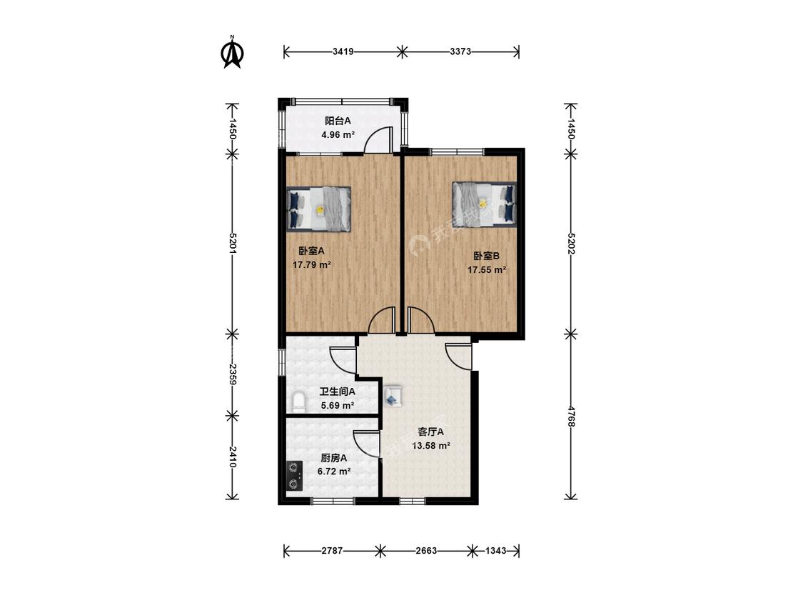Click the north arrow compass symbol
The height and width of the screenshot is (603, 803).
[232, 51]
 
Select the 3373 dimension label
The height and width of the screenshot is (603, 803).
[460, 51]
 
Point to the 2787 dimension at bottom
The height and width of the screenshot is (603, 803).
[332, 551]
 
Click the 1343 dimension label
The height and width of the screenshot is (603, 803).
[495, 551]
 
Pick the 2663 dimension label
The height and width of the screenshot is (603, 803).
[426, 551]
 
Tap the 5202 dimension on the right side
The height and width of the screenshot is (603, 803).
[572, 244]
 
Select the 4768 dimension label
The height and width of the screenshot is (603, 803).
[572, 416]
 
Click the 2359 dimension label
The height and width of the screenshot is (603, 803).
[233, 374]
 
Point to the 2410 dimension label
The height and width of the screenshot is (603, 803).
[233, 457]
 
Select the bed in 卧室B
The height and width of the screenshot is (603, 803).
[484, 204]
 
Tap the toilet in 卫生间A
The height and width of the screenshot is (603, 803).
[298, 402]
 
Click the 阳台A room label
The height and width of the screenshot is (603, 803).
[338, 121]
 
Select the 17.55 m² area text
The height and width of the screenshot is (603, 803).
[487, 270]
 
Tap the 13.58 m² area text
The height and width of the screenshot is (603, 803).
[431, 446]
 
